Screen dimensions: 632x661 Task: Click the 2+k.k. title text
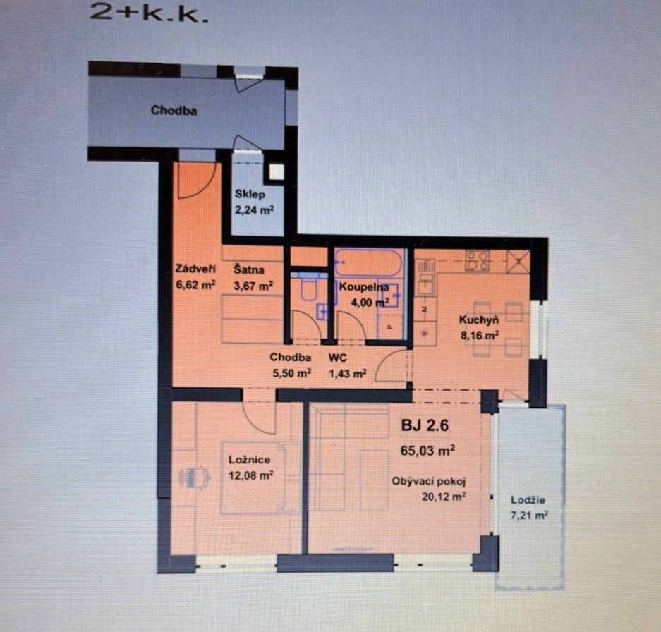[150, 14]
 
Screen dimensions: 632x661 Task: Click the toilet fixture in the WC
[308, 289]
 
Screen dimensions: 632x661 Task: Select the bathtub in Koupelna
[368, 264]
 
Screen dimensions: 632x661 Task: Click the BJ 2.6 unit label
[425, 426]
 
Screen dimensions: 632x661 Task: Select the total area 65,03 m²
[427, 449]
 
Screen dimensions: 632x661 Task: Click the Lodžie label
[528, 500]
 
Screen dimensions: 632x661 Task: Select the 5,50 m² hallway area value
[290, 373]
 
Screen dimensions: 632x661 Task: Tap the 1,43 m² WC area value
[347, 373]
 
